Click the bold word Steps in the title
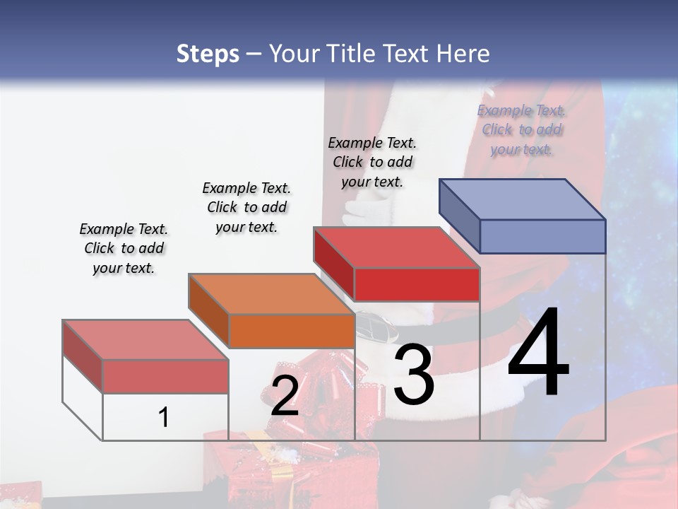click(x=208, y=54)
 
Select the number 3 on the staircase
click(x=414, y=375)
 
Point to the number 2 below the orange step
click(x=285, y=396)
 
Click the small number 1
click(x=164, y=418)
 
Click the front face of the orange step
click(x=292, y=331)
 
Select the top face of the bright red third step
click(x=396, y=247)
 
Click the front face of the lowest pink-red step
click(x=165, y=376)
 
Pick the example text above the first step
click(x=124, y=248)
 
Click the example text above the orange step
click(x=246, y=207)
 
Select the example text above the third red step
click(x=372, y=162)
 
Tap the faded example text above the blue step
click(x=521, y=129)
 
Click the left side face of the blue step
click(x=459, y=216)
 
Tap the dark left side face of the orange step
click(x=208, y=311)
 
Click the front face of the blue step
click(x=542, y=236)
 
